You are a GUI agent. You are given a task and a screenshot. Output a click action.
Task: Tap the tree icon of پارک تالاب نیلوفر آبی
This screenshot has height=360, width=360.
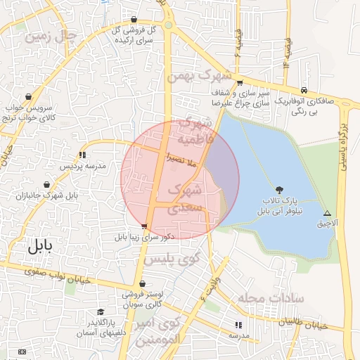click(x=280, y=189)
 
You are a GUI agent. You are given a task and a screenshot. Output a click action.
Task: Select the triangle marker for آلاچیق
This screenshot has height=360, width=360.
click(x=326, y=213)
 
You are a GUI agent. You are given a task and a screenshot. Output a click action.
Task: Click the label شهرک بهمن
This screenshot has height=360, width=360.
click(x=205, y=75)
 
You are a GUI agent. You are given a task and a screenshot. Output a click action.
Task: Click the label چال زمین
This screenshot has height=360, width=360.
click(x=49, y=36)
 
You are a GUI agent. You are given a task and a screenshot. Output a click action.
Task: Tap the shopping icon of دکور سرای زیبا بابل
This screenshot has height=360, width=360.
click(x=144, y=226)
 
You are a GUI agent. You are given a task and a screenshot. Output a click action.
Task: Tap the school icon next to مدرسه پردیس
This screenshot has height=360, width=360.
click(x=82, y=154)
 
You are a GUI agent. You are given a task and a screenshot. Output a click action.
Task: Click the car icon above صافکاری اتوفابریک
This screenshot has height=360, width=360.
click(x=303, y=90)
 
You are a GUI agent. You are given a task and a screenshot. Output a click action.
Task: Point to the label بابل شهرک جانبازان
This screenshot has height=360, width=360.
click(x=49, y=194)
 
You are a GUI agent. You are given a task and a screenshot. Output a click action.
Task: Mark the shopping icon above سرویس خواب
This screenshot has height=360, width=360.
click(x=28, y=97)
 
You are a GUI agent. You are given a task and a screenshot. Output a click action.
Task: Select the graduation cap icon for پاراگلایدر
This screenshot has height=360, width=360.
click(x=101, y=311)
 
